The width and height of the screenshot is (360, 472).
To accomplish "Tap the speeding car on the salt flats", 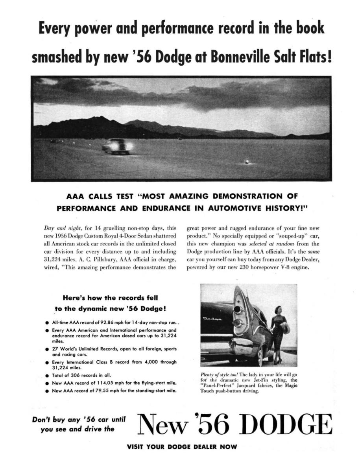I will [x=117, y=146].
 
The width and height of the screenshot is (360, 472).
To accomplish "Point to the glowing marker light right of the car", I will [x=247, y=161].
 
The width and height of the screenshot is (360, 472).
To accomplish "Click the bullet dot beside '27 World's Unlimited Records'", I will [x=47, y=349].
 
